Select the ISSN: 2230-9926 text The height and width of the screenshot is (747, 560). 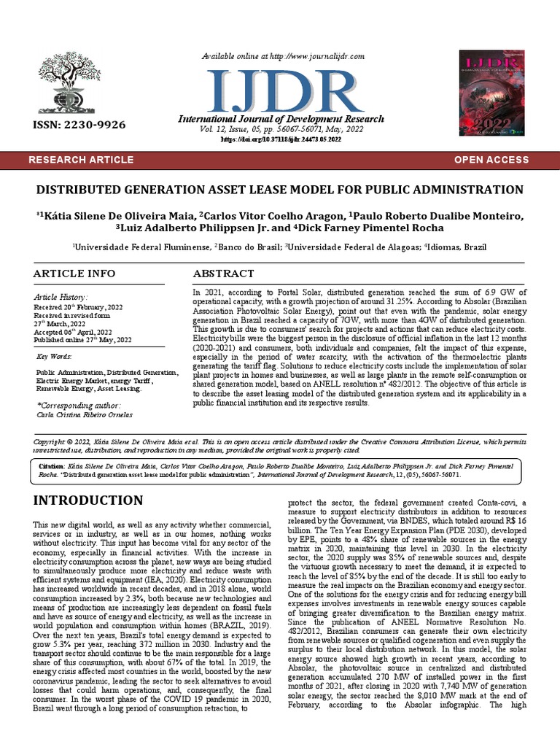(79, 125)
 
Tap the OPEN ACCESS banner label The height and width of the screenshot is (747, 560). (491, 160)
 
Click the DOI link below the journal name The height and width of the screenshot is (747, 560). (280, 139)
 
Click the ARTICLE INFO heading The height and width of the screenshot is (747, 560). (74, 274)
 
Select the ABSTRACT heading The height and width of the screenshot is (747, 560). (223, 274)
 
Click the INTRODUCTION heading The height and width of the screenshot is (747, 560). (88, 500)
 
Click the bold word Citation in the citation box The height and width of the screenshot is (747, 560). (51, 465)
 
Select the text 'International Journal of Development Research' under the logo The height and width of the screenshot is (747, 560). (281, 119)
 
